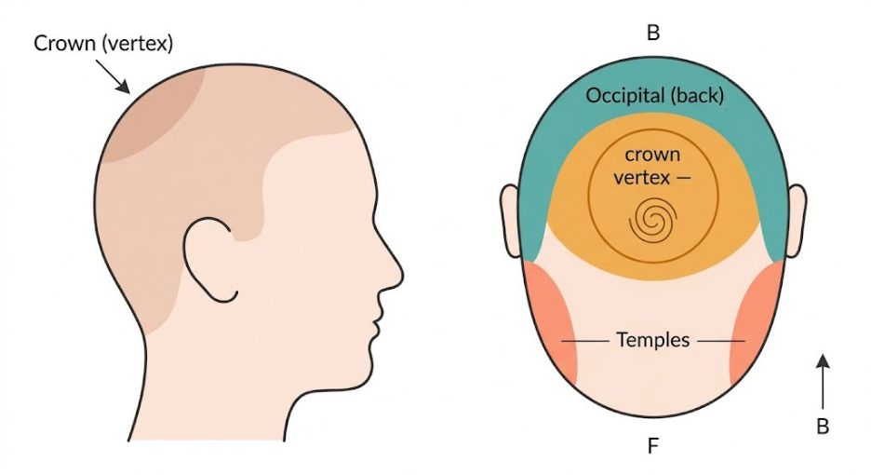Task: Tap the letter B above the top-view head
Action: coord(653,34)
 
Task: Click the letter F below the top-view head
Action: coord(653,447)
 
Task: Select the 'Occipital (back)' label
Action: coord(655,95)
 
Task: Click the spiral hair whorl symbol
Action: coord(651,222)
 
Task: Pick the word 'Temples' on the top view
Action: coord(653,340)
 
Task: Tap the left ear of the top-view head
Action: coord(509,220)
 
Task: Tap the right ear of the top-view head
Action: coord(797,220)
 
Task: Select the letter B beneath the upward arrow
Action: coord(822,427)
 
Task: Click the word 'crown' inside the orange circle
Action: coord(651,155)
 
